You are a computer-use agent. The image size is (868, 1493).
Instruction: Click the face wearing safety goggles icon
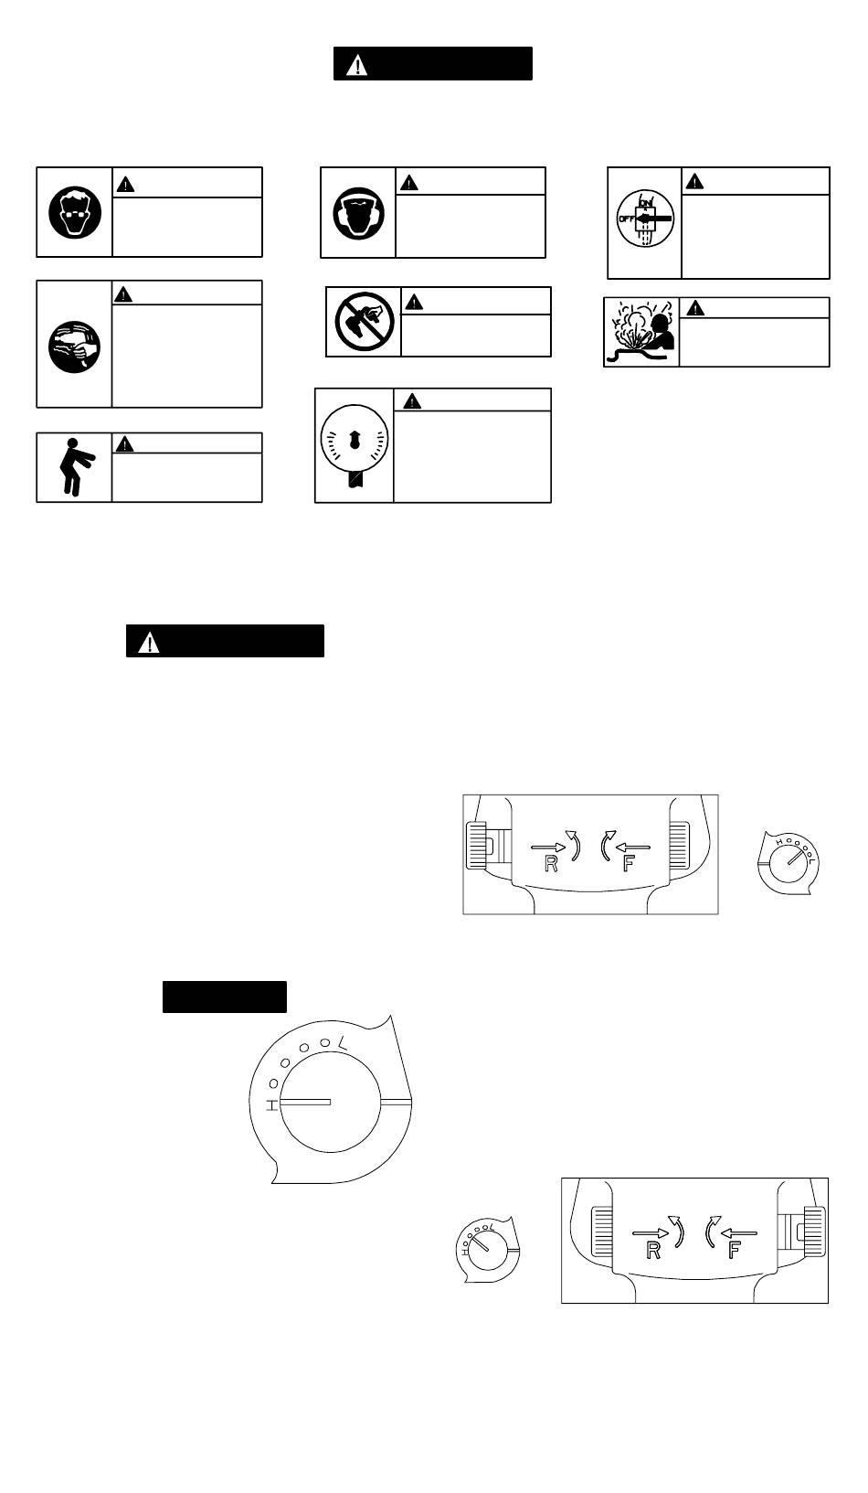pyautogui.click(x=75, y=212)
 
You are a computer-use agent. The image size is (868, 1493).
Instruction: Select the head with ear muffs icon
pyautogui.click(x=358, y=212)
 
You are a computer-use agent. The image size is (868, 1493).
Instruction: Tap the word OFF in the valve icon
pyautogui.click(x=625, y=219)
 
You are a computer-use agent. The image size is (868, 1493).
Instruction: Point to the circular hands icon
pyautogui.click(x=75, y=344)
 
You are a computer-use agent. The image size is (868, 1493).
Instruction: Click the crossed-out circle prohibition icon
pyautogui.click(x=363, y=321)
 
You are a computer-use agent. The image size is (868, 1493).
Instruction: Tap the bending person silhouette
pyautogui.click(x=71, y=467)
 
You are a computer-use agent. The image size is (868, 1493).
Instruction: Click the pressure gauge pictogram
pyautogui.click(x=355, y=443)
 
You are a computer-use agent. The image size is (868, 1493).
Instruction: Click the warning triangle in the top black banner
pyautogui.click(x=357, y=65)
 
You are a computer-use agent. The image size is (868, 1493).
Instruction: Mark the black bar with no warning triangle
pyautogui.click(x=225, y=997)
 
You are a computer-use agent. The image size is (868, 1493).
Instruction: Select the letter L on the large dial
pyautogui.click(x=342, y=1042)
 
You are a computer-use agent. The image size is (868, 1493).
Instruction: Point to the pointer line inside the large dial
pyautogui.click(x=305, y=1104)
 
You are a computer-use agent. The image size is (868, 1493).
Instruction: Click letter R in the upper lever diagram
pyautogui.click(x=551, y=864)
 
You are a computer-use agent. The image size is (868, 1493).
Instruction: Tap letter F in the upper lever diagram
pyautogui.click(x=628, y=864)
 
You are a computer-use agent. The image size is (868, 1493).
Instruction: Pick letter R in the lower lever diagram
pyautogui.click(x=653, y=1251)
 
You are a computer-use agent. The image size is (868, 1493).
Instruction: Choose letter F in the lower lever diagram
pyautogui.click(x=734, y=1251)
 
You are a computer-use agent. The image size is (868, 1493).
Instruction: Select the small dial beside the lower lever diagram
pyautogui.click(x=486, y=1249)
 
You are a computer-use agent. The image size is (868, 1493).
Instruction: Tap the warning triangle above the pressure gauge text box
pyautogui.click(x=412, y=400)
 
